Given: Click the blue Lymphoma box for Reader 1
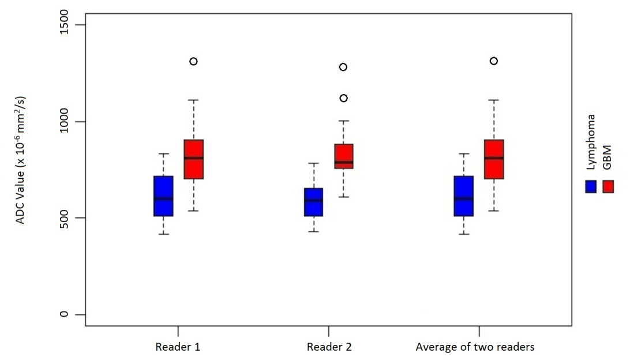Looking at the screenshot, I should point(163,196).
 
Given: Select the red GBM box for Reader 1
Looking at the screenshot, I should point(193,159).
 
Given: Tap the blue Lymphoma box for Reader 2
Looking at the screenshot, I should point(314,202).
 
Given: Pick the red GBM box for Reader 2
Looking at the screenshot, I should point(343,156).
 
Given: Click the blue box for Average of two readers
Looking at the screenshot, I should point(464,196).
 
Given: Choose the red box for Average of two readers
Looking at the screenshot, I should point(494,159).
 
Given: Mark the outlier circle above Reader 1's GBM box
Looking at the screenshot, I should point(193,61).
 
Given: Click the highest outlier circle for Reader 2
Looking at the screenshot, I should point(343,67).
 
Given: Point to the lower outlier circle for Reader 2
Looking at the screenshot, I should point(343,98).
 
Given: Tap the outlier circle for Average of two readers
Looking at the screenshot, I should point(494,61).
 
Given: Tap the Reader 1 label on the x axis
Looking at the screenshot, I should point(178,347).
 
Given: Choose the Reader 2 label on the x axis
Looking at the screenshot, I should point(329,347).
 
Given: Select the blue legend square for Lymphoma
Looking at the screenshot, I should point(591,186).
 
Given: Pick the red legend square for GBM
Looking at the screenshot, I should point(608,186).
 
